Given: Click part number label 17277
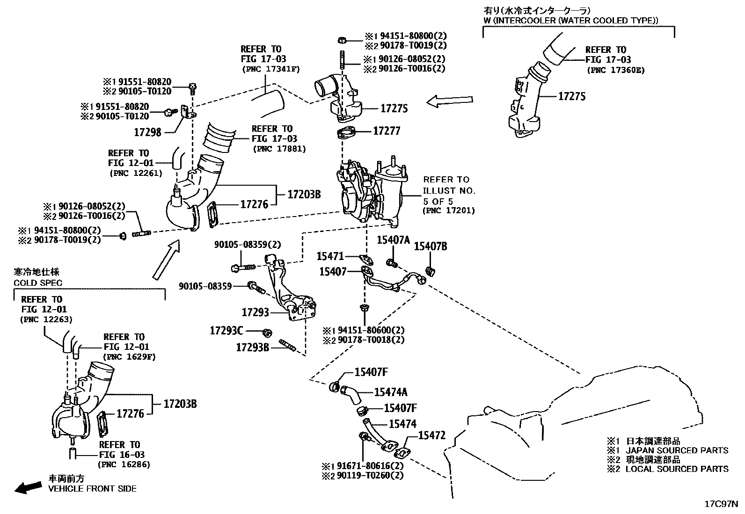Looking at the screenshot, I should [x=387, y=130].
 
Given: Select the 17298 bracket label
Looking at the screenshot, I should [x=147, y=132].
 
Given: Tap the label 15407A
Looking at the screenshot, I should [x=393, y=240].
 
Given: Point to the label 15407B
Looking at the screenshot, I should [x=431, y=246].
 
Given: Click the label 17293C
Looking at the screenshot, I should [x=226, y=331].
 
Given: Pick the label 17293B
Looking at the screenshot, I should [x=252, y=347].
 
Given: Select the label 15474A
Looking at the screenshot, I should [x=391, y=392].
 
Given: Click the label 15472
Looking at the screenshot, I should [x=431, y=435].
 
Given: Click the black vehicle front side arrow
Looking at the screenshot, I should [x=28, y=488].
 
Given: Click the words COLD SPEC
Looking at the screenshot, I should [x=38, y=283].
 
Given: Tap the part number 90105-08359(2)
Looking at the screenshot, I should [x=248, y=245].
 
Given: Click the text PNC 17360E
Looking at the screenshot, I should [x=615, y=70].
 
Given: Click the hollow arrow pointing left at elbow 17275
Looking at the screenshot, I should [x=449, y=101].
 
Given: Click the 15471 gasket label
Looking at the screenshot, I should [x=330, y=256].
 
